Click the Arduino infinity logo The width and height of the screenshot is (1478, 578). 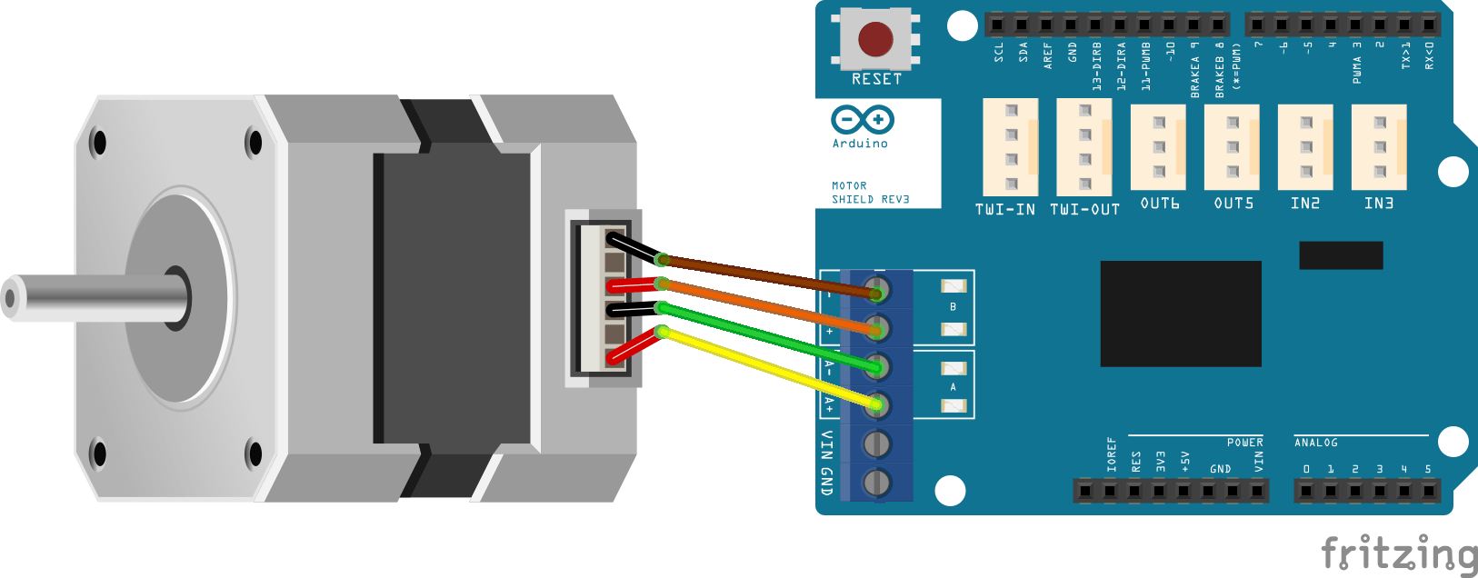pos(862,119)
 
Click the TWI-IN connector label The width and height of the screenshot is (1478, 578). pos(1004,210)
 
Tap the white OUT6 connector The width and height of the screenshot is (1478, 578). pos(1158,146)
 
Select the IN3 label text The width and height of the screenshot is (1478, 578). pos(1378,204)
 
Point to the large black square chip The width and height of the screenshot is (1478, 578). pos(1180,314)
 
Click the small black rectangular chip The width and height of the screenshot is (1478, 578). pos(1340,255)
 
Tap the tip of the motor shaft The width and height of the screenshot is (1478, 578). pos(11,297)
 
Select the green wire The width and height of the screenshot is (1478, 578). pos(764,336)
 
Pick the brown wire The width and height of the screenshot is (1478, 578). pos(764,274)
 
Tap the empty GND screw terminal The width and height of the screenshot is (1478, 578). pos(875,482)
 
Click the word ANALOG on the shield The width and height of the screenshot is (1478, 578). pos(1315,443)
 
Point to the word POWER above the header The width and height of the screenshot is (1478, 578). pos(1244,443)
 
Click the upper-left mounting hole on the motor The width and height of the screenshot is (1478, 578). pos(98,143)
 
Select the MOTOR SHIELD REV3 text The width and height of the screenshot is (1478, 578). pos(869,193)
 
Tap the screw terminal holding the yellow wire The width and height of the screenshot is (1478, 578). pos(875,404)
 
